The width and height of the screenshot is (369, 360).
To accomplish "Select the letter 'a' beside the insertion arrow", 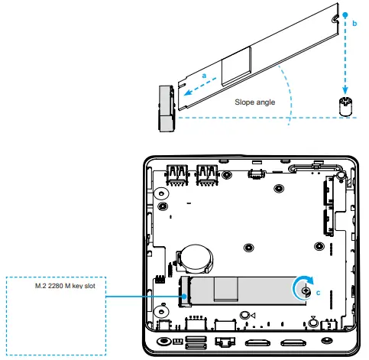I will pos(204,75).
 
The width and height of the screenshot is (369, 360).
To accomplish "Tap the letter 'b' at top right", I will pos(354,24).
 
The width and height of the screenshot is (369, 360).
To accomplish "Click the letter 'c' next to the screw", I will pos(318,291).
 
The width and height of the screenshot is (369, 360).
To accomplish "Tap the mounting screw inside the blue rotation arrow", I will pos(306,290).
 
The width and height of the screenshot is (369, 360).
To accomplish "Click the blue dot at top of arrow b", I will pos(345,14).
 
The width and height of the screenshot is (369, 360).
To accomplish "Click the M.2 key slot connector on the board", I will pos(184,291).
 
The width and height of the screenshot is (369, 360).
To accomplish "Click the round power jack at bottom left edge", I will pos(162,340).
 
